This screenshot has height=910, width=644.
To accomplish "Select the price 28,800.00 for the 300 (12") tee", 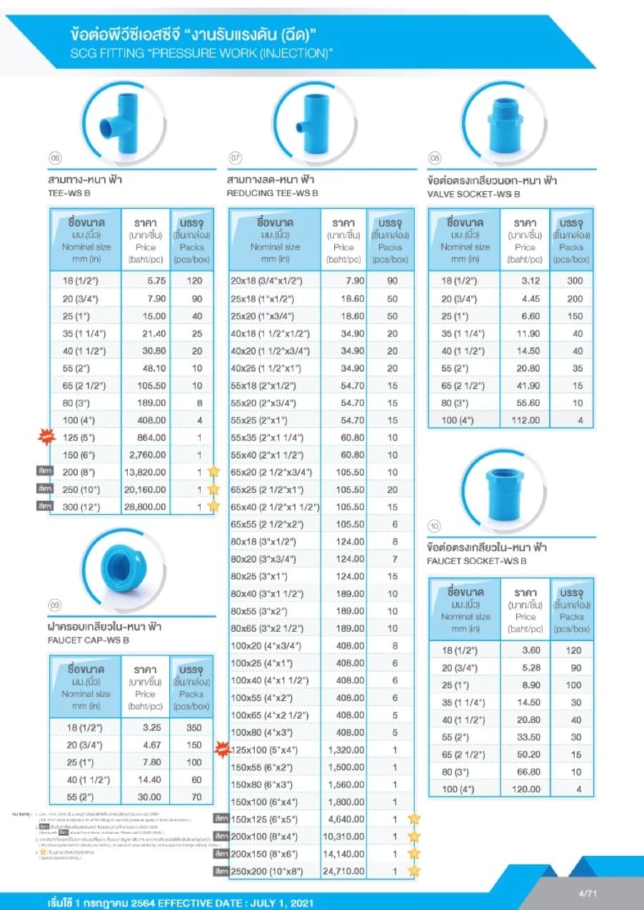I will [x=146, y=506].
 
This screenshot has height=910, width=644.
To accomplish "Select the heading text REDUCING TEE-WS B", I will [x=271, y=193].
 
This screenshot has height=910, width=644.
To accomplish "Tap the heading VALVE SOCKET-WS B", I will [x=473, y=193].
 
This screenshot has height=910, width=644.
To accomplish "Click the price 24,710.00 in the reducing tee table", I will [x=343, y=871].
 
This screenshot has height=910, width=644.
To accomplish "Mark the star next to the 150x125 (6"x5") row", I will [x=414, y=819].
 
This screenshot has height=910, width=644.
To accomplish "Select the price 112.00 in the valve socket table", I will [x=525, y=420].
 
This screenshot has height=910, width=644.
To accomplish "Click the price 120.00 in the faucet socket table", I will [x=526, y=789].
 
